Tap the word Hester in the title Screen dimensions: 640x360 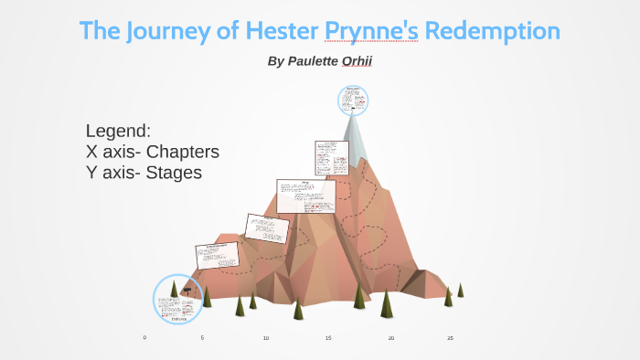coord(273,30)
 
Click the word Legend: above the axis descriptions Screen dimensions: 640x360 coord(118,130)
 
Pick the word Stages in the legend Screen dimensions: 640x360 coord(171,172)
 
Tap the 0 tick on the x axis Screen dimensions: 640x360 coord(144,338)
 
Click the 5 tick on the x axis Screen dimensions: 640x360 coord(202,338)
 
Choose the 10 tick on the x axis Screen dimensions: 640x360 coord(265,338)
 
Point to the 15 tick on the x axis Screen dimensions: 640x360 coord(328,338)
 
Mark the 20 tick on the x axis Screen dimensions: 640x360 coord(390,338)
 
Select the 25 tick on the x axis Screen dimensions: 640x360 coord(450,338)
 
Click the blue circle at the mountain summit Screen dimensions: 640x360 coord(353,101)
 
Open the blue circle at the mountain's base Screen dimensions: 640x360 coord(177,300)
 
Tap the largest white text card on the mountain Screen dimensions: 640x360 coord(305,196)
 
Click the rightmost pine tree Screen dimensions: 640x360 coord(460,290)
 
